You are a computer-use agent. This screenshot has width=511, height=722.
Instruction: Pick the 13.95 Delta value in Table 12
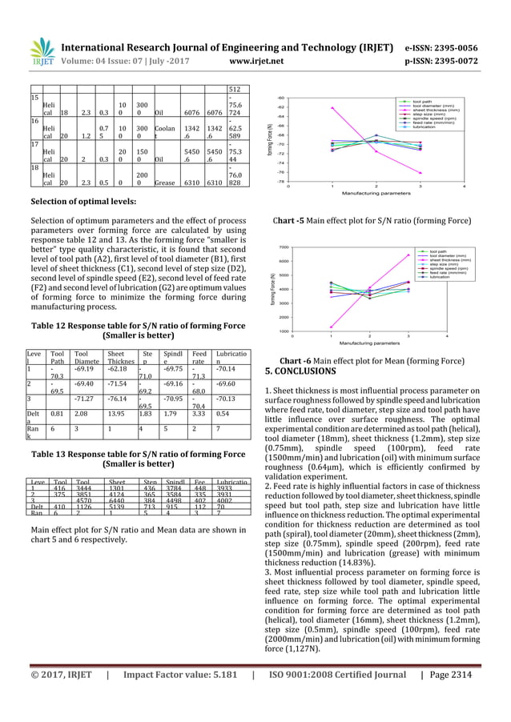pos(118,415)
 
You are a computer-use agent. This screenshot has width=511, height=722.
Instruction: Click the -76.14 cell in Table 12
pos(118,399)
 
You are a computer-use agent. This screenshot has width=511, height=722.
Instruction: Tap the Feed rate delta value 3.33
pos(200,415)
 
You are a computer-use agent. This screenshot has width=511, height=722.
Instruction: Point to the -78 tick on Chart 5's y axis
pos(280,182)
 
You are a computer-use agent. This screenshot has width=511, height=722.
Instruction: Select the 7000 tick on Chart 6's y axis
pos(283,248)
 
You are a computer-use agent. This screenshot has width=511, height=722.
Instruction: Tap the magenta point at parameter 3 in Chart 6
pos(409,255)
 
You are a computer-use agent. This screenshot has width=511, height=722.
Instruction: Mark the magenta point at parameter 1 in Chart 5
pos(332,108)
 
